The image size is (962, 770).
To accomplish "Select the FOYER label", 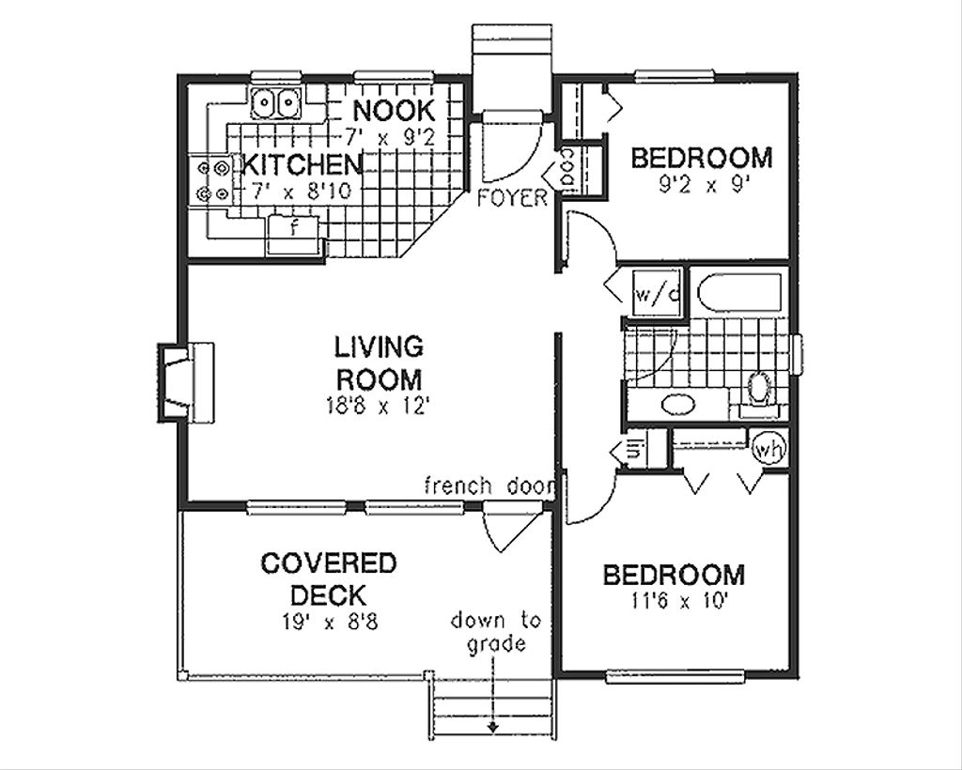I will click(511, 198).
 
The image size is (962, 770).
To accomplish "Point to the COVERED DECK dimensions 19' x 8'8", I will click(328, 621).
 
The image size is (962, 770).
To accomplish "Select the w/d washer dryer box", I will click(659, 293).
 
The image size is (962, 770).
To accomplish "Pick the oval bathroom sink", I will click(678, 405).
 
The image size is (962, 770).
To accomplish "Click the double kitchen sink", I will click(277, 100).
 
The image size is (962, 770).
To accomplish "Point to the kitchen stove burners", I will click(210, 180).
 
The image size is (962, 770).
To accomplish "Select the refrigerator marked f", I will click(294, 228).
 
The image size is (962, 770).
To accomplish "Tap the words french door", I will click(490, 485).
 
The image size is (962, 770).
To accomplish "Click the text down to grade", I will click(495, 632).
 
